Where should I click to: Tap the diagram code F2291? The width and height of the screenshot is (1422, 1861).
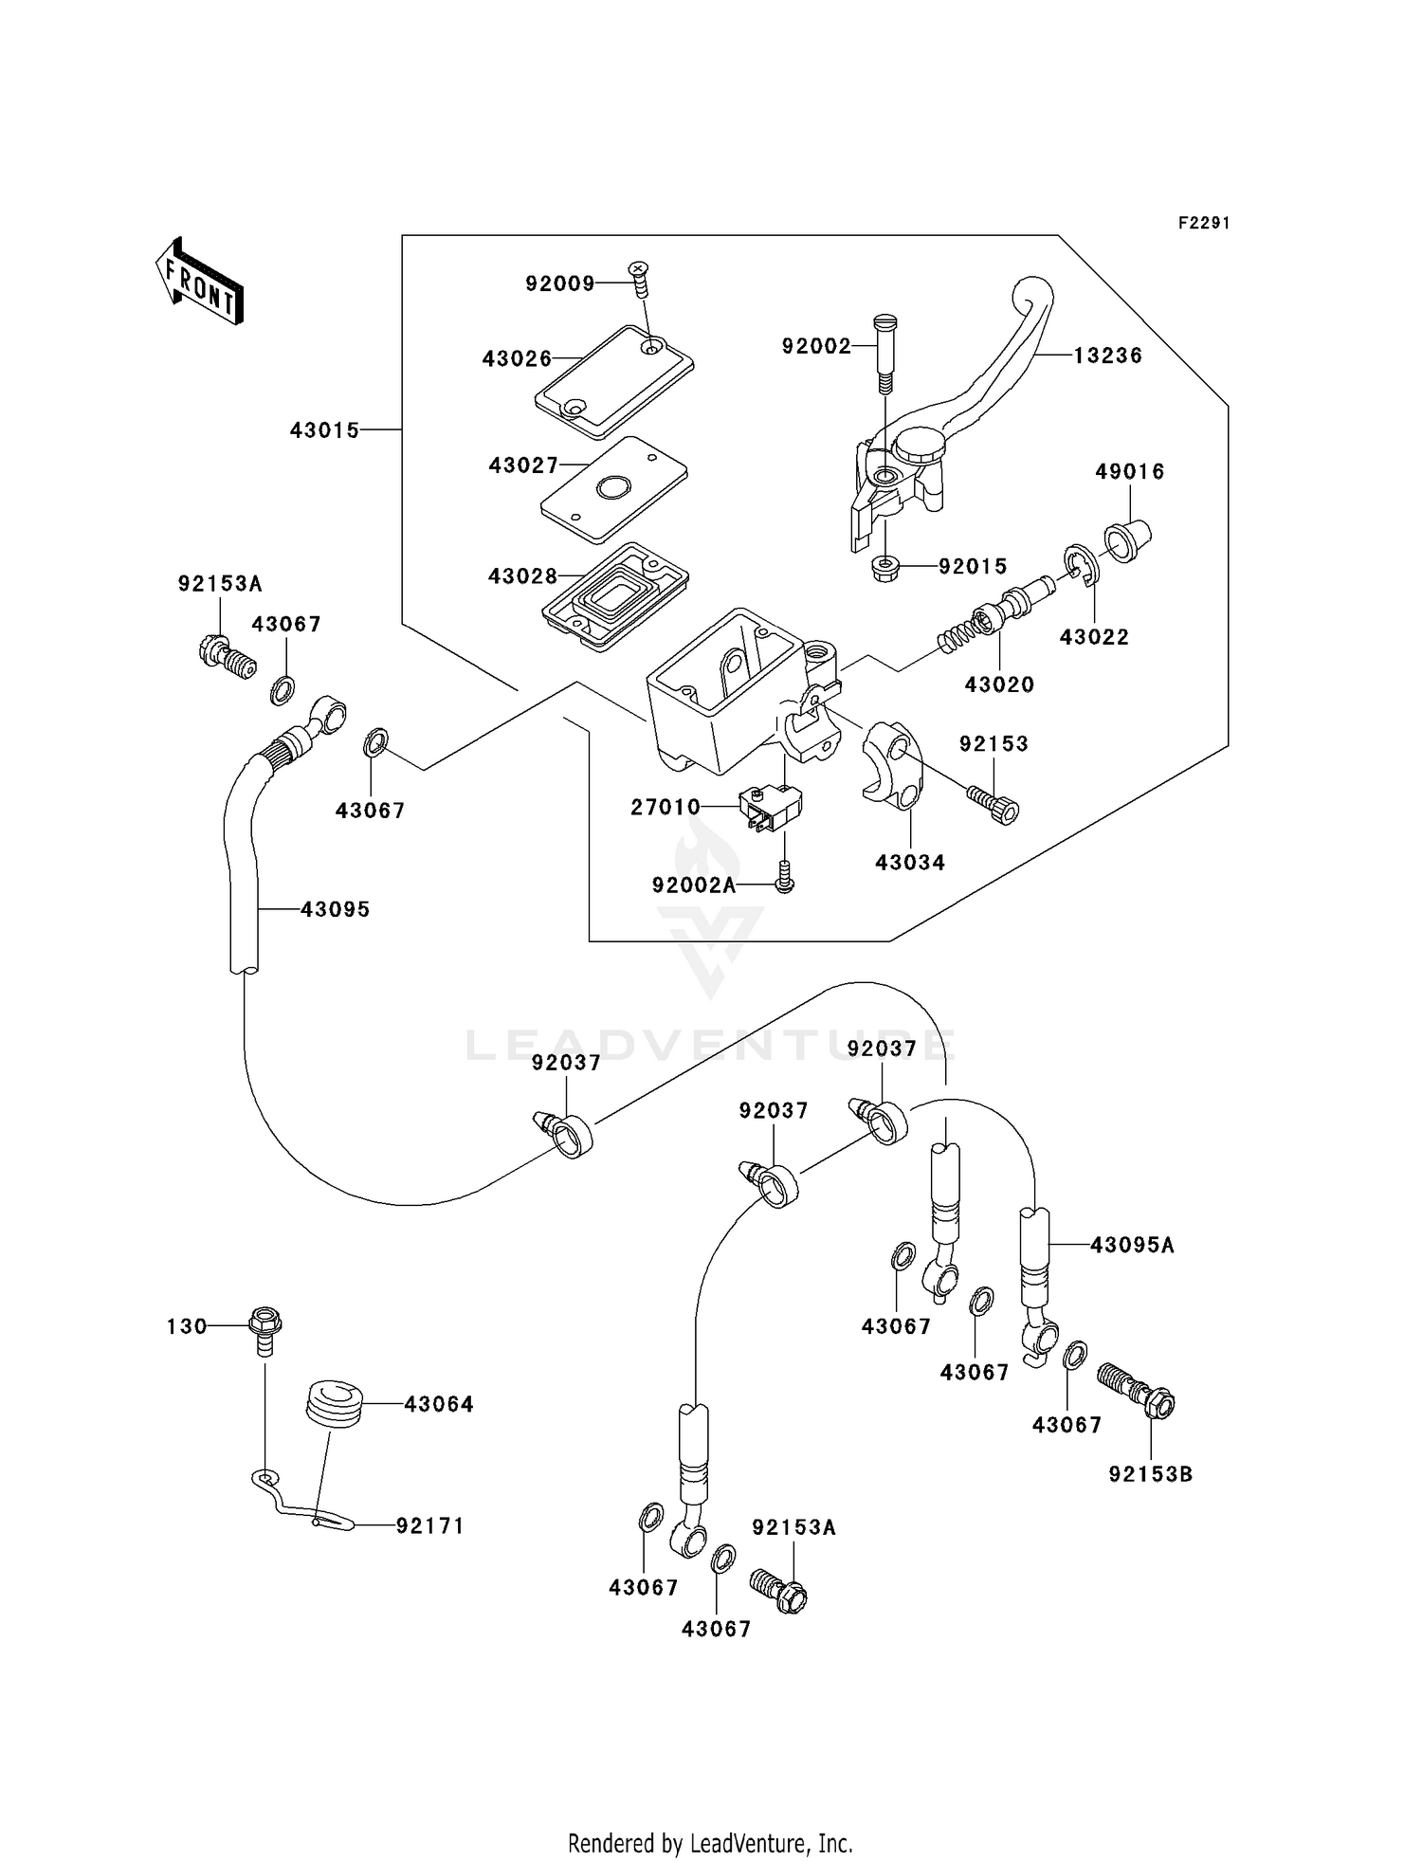click(x=1203, y=224)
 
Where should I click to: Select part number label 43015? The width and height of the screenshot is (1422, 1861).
click(x=324, y=430)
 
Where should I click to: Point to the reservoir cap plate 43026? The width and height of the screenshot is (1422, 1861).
click(x=613, y=380)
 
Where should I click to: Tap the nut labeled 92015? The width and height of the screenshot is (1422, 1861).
click(x=884, y=569)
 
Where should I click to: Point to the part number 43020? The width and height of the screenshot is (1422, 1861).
click(x=999, y=684)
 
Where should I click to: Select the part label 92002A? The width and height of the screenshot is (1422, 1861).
click(x=694, y=885)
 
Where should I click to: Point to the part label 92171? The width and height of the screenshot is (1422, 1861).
click(x=429, y=1525)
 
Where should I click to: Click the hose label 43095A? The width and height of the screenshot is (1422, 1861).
click(x=1132, y=1245)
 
